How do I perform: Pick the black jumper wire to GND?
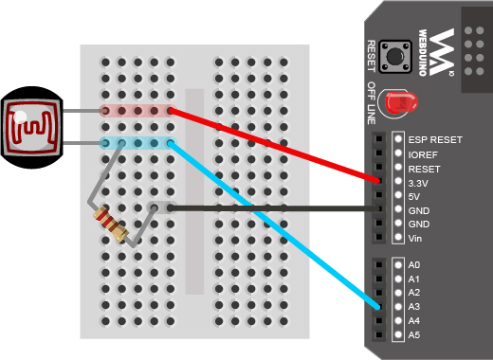pyautogui.click(x=275, y=207)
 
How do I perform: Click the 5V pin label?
pyautogui.click(x=416, y=195)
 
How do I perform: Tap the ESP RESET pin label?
pyautogui.click(x=435, y=139)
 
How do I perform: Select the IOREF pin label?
pyautogui.click(x=424, y=153)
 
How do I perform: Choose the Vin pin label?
pyautogui.click(x=415, y=238)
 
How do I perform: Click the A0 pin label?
pyautogui.click(x=414, y=265)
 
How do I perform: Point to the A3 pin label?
pyautogui.click(x=414, y=307)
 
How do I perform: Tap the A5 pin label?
pyautogui.click(x=414, y=335)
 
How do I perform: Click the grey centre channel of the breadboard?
pyautogui.click(x=195, y=189)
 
